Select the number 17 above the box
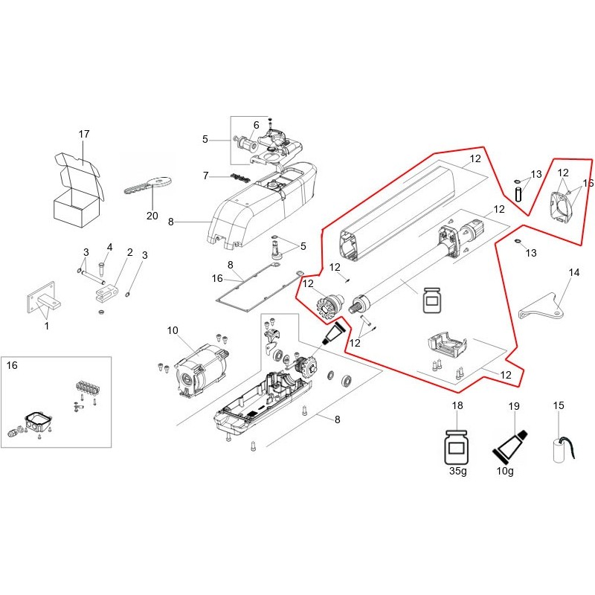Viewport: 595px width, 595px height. tap(84, 134)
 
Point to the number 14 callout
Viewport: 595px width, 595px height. tap(573, 273)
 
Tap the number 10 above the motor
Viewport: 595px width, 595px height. tap(173, 330)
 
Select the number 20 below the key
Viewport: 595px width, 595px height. tap(153, 216)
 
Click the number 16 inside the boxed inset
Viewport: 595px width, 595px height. tap(13, 365)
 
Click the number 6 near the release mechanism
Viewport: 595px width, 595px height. tap(256, 125)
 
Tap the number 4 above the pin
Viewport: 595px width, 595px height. tap(109, 247)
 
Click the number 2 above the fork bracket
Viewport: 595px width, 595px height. tap(129, 253)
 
